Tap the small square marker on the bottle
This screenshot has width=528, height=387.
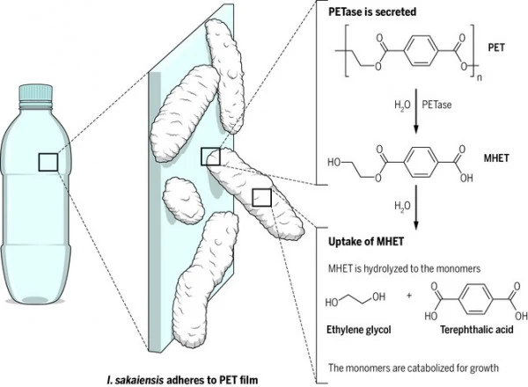click(48, 161)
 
